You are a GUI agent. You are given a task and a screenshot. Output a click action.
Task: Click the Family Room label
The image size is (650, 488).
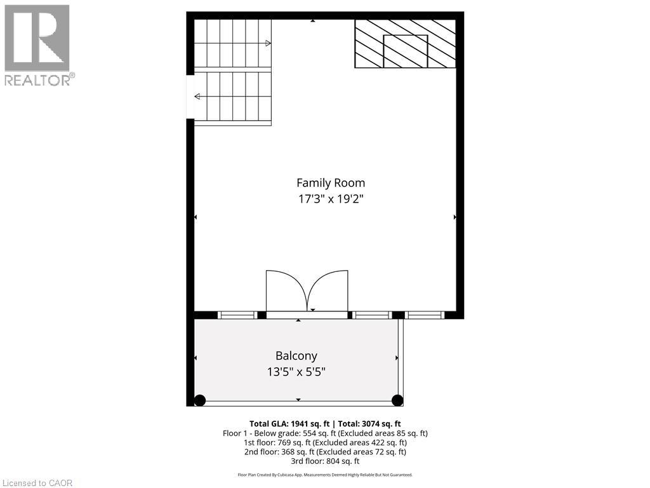click(x=332, y=183)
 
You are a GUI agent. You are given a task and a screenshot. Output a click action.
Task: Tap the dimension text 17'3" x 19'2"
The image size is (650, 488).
click(x=332, y=199)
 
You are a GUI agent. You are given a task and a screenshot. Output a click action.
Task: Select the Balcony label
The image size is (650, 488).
click(x=296, y=356)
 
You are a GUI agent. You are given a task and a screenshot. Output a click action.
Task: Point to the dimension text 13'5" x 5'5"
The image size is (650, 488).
click(x=296, y=372)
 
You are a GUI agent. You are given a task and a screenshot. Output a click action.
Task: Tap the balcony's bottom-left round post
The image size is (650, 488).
click(x=200, y=400)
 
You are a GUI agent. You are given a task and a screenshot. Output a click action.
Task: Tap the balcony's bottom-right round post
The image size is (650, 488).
click(x=397, y=400)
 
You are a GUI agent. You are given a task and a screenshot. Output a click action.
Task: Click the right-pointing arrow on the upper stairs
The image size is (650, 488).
click(x=268, y=43)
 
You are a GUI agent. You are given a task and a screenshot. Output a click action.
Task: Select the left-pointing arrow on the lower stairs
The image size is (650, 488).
click(x=197, y=97)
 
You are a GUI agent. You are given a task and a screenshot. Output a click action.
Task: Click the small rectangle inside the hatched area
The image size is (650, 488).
click(x=406, y=51)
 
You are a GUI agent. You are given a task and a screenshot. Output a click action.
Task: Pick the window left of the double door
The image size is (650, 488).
click(x=237, y=315)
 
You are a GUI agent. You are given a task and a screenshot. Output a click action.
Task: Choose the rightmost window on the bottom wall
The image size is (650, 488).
click(x=425, y=315)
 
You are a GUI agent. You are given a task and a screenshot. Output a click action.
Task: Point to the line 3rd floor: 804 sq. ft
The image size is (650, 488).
click(x=325, y=461)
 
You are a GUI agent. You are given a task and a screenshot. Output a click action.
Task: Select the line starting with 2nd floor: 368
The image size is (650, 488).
click(x=325, y=452)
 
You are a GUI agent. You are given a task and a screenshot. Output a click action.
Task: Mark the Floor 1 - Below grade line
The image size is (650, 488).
click(x=325, y=433)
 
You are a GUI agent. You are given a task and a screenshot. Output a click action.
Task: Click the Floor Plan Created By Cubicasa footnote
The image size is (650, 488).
click(x=325, y=475)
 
